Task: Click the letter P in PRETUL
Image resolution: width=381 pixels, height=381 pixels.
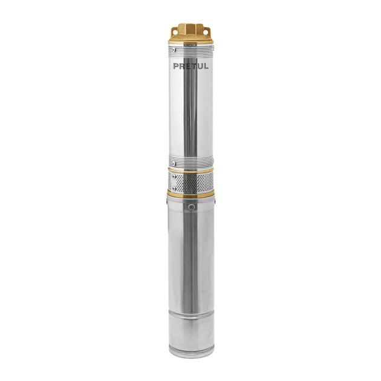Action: click(x=175, y=66)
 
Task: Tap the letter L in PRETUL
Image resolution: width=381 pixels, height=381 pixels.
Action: click(x=206, y=66)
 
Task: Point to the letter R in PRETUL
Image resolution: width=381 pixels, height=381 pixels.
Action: click(x=182, y=66)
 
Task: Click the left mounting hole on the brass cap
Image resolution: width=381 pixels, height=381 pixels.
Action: click(x=174, y=31)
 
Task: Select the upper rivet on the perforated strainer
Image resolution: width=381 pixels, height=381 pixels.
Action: click(x=174, y=175)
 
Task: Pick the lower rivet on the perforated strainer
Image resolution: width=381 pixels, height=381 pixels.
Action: click(x=174, y=188)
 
